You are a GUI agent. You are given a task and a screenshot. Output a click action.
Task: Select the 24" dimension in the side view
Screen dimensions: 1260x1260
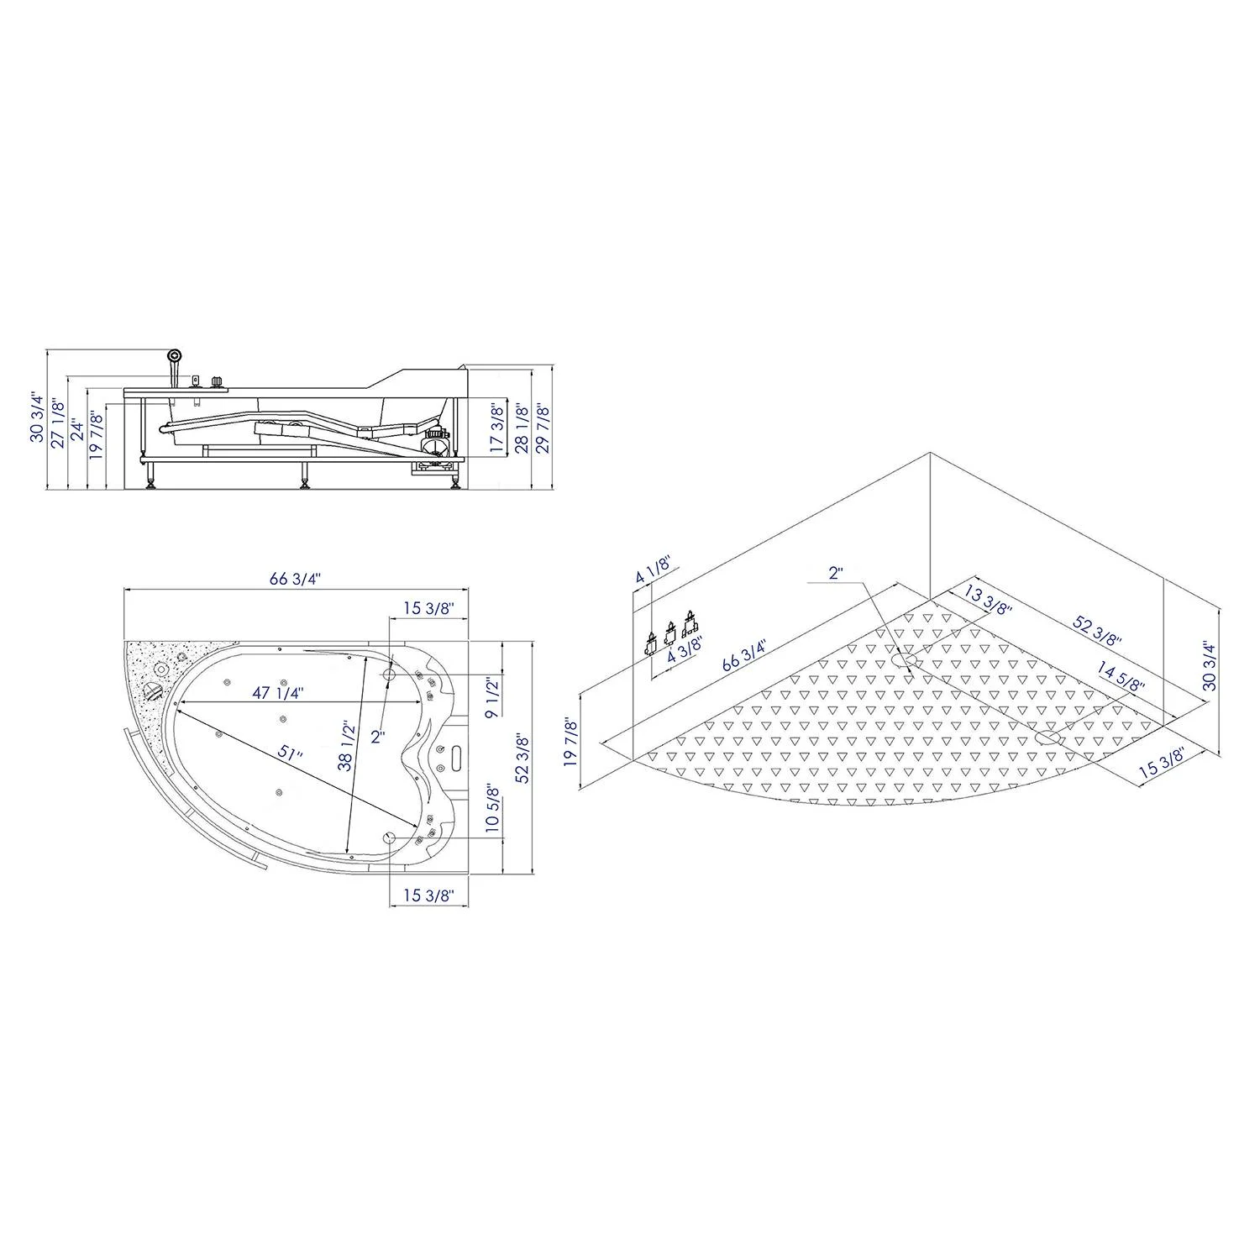coord(77,429)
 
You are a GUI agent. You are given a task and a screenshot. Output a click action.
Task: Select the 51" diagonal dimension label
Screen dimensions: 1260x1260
coord(291,753)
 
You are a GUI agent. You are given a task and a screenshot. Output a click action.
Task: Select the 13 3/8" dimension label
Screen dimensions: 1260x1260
coord(986,601)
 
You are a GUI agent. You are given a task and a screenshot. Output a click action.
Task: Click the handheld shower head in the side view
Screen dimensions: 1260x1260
coord(175,357)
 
